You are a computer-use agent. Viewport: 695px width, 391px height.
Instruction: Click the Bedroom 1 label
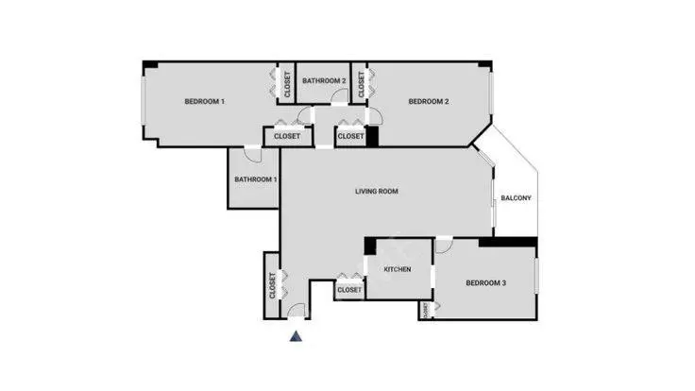tap(204, 101)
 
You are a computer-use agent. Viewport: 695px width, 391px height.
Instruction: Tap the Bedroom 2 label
tap(429, 101)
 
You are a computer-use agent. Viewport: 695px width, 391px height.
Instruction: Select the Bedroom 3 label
tap(485, 282)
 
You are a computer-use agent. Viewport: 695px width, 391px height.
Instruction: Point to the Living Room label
tap(377, 192)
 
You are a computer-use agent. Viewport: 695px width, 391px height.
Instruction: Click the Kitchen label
tap(398, 269)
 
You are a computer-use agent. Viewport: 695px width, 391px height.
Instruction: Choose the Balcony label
tap(516, 198)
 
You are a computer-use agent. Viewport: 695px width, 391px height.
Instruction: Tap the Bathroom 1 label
tap(256, 179)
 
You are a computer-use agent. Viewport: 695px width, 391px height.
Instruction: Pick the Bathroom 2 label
tap(324, 80)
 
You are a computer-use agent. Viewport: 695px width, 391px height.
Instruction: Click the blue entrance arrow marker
tap(297, 336)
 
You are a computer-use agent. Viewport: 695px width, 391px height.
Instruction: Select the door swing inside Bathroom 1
tap(253, 154)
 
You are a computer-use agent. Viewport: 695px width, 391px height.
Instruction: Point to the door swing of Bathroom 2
tap(340, 96)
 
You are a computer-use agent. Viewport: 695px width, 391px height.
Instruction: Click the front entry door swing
tap(297, 311)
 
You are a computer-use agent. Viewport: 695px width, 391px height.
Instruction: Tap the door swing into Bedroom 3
tap(444, 246)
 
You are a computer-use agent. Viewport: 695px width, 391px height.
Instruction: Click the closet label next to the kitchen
tap(349, 290)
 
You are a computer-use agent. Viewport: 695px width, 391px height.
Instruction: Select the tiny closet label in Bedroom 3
tap(426, 310)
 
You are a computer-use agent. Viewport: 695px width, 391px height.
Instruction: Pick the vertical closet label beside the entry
tap(272, 285)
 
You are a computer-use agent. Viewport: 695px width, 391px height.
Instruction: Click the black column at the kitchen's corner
tap(370, 246)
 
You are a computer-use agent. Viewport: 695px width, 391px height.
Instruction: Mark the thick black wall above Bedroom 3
tap(508, 242)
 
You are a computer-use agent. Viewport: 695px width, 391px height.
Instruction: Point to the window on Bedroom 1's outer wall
tap(144, 101)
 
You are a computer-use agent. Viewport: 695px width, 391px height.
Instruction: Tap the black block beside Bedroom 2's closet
tap(372, 137)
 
